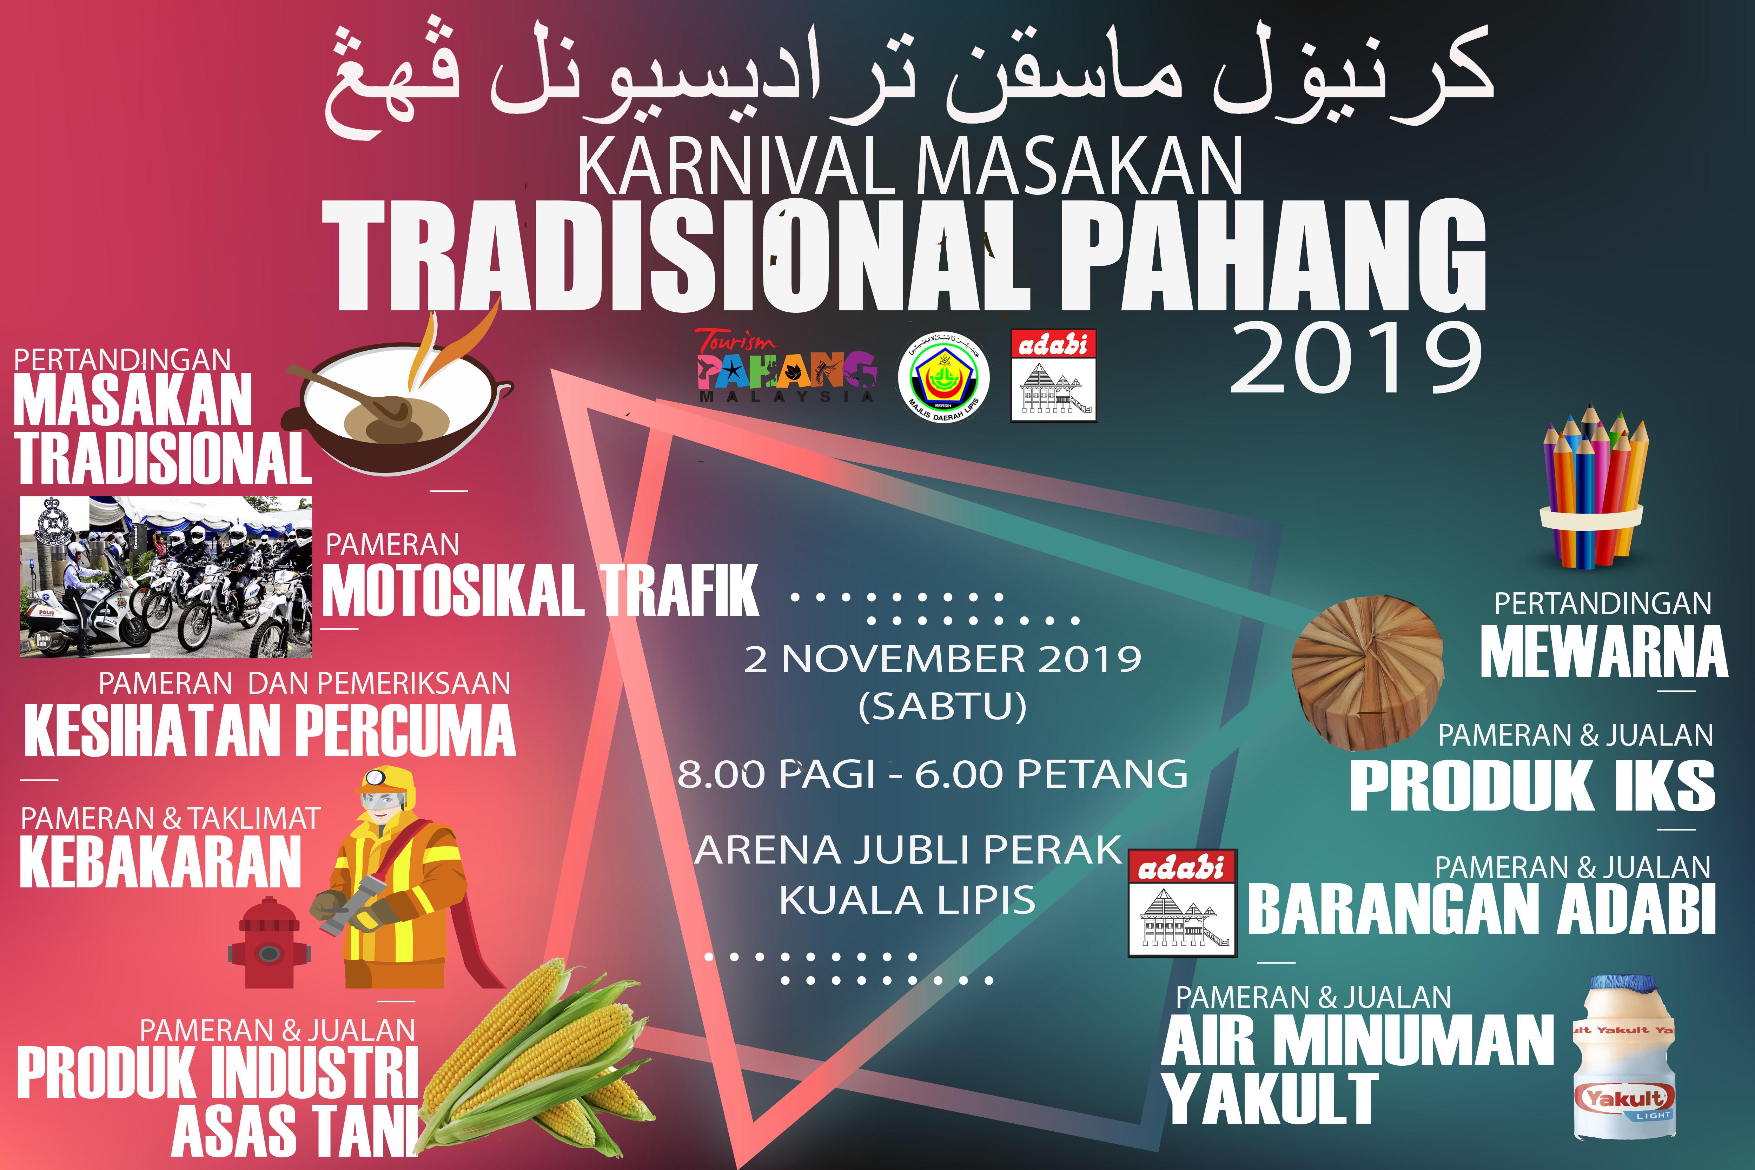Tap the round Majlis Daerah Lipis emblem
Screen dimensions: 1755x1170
(943, 377)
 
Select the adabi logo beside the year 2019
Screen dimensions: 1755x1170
(1053, 375)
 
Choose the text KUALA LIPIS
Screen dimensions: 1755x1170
(907, 900)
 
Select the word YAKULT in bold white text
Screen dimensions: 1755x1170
(1270, 1098)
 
